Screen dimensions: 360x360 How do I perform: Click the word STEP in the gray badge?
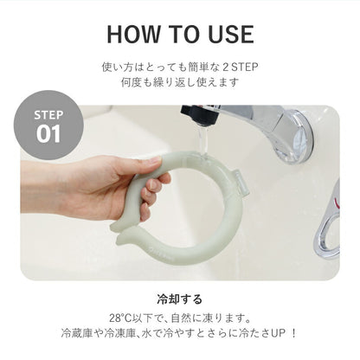48,115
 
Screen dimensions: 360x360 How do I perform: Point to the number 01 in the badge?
48,134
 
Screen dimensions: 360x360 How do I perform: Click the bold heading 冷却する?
180,295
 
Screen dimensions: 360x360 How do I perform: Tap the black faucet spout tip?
196,115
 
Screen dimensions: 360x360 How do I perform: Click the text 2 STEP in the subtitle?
240,66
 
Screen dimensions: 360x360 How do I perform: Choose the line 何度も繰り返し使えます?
180,82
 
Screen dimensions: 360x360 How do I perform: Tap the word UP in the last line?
279,332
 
